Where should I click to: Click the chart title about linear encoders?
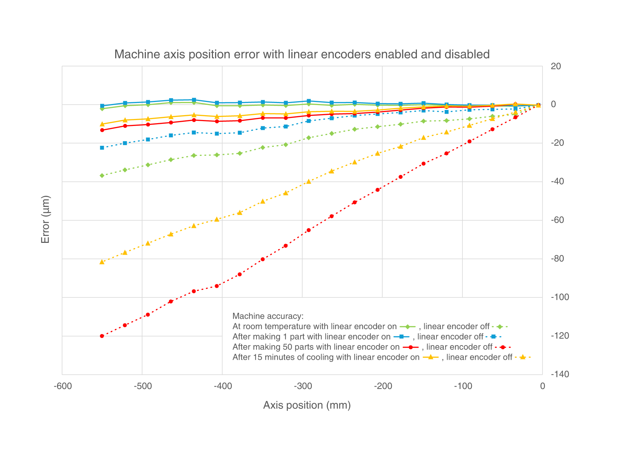click(302, 55)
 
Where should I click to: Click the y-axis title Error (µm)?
click(46, 219)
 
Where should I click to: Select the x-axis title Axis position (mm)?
click(307, 405)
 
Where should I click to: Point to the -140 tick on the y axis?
click(560, 374)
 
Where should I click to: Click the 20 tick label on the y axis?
click(556, 66)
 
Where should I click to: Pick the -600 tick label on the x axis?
click(63, 386)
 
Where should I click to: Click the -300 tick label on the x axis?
click(302, 386)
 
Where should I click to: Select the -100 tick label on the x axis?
click(462, 386)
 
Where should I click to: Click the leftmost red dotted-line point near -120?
click(102, 336)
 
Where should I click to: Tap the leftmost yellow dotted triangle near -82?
click(102, 262)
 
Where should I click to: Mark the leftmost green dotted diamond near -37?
click(102, 176)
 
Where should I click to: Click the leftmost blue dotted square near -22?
click(102, 148)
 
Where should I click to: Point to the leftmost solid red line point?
click(102, 130)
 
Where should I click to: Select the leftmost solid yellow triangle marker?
click(102, 124)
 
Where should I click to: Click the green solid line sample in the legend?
click(407, 327)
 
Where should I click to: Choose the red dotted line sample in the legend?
click(502, 347)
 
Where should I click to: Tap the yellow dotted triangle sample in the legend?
click(522, 357)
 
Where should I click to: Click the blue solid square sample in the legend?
click(401, 337)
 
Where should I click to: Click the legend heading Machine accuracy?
click(268, 316)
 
